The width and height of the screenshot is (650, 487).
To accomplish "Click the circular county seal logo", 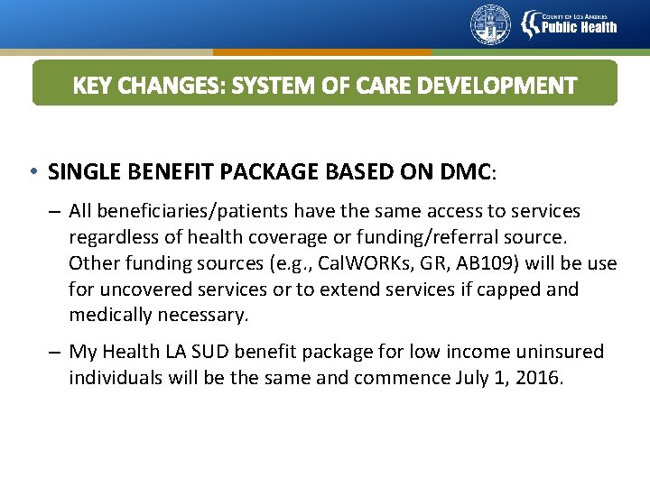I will coord(490,24).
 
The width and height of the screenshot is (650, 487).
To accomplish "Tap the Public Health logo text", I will coord(579,26).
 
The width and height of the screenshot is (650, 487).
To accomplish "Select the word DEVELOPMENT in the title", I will coord(506,86).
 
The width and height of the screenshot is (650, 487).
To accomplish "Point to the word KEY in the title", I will coord(90,86).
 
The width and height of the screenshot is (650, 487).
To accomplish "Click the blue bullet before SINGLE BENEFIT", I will coord(32,170).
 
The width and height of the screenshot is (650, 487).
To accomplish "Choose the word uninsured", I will coord(561,352).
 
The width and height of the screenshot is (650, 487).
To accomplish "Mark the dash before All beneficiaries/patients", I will coord(54,211).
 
